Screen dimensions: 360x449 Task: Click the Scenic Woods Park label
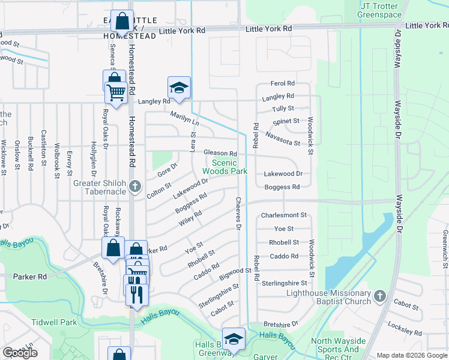(229, 167)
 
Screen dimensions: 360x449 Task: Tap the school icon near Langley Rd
(179, 88)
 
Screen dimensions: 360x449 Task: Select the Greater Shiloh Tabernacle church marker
(136, 187)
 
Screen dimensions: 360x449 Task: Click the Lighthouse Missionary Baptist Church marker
(379, 296)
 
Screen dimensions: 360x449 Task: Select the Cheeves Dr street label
(238, 214)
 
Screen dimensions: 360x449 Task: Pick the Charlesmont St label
(284, 215)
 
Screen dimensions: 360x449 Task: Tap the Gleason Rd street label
(220, 154)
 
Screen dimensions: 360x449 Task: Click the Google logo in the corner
(20, 353)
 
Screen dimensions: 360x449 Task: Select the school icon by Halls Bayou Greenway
(234, 339)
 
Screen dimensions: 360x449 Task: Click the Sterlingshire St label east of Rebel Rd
(284, 283)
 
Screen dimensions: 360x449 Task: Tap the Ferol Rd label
(283, 83)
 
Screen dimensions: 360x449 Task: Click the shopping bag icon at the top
(122, 22)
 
